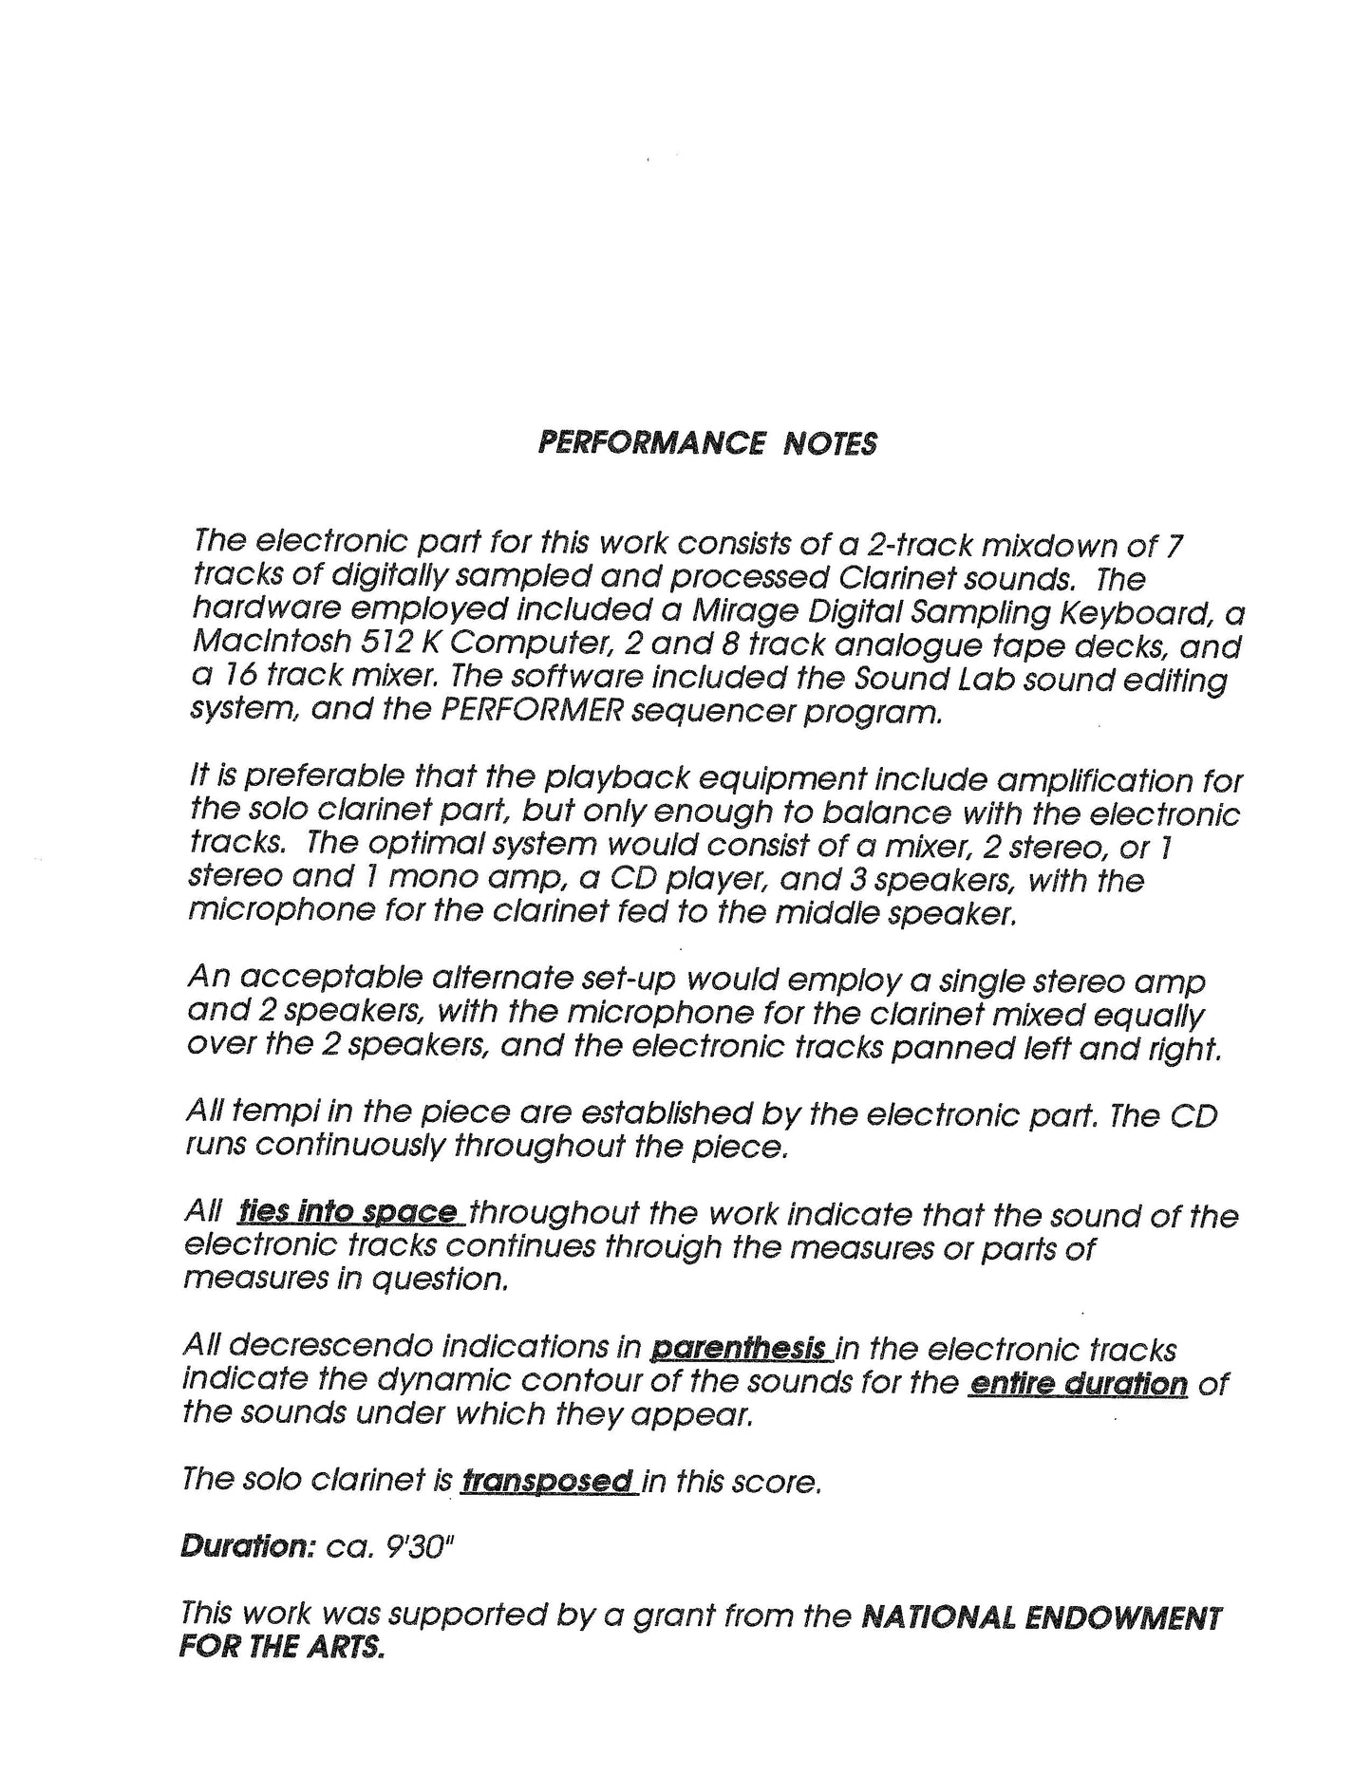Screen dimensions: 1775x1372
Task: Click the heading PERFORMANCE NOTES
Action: pos(706,443)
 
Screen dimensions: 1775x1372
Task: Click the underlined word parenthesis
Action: pos(742,1348)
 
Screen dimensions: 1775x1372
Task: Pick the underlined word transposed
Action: pos(548,1481)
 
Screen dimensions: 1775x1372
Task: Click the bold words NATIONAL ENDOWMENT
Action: pos(1041,1616)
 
